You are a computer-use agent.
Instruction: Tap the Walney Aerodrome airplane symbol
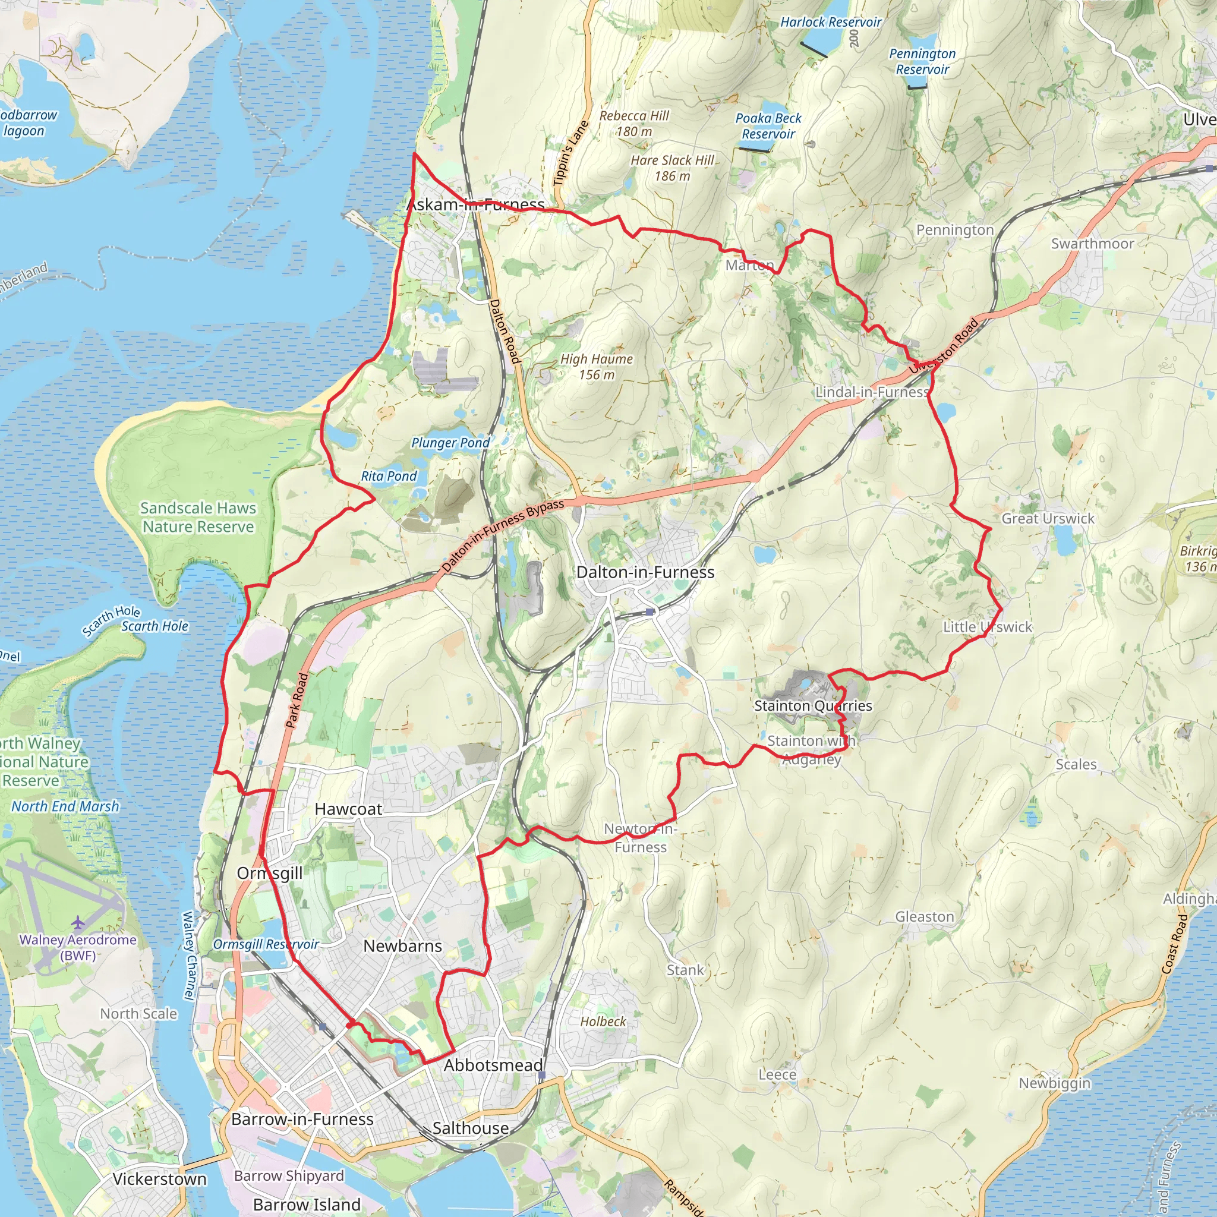[77, 923]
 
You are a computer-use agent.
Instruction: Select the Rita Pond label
[389, 476]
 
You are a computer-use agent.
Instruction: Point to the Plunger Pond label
[450, 443]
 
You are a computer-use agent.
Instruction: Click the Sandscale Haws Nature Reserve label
[198, 517]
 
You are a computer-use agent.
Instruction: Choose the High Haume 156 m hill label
[597, 367]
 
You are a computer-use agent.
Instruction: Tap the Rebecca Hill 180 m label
[633, 124]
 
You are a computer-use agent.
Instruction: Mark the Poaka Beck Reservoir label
[768, 126]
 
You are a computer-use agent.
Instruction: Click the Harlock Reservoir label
[830, 22]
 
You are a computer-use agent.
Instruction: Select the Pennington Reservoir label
[922, 62]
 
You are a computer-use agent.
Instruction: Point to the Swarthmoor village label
[1092, 244]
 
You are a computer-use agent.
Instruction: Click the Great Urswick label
[1048, 518]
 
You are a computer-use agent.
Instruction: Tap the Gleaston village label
[924, 916]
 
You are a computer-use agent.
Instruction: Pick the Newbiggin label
[1055, 1083]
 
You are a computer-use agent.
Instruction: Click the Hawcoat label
[348, 809]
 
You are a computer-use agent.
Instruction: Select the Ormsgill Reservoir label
[266, 944]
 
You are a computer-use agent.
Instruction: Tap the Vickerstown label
[159, 1179]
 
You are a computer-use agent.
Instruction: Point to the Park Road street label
[297, 701]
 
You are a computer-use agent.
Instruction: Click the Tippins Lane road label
[570, 153]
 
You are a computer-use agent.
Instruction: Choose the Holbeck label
[603, 1021]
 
